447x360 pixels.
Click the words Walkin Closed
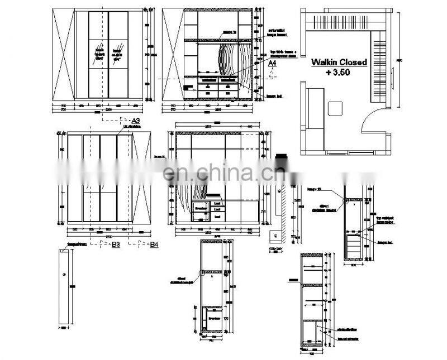coord(339,63)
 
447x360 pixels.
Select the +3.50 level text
coord(339,73)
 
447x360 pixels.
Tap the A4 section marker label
coord(272,64)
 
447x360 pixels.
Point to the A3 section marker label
coord(135,121)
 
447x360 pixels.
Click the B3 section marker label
coord(116,244)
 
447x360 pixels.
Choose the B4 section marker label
coord(154,244)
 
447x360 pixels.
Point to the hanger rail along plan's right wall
coord(379,67)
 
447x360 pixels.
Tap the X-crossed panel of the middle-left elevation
coord(142,177)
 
